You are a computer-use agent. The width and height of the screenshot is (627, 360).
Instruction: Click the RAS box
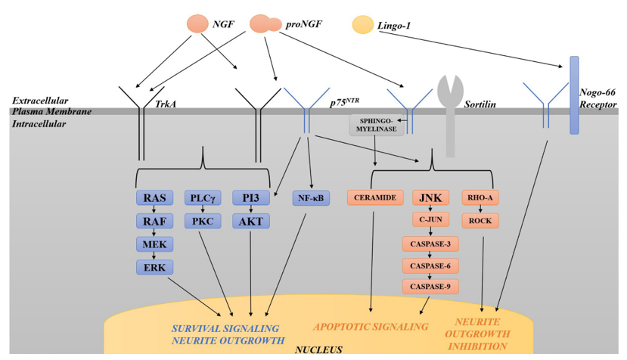[x=154, y=198]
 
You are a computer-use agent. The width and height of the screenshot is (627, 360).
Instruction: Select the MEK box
[x=154, y=244]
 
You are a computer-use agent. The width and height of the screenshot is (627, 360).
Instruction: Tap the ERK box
[x=154, y=267]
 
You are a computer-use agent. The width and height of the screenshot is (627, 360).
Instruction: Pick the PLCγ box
[x=203, y=198]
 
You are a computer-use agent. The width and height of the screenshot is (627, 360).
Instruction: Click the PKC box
[x=203, y=221]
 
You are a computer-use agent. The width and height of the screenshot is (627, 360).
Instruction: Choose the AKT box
[x=250, y=221]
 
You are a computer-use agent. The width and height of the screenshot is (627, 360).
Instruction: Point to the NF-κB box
[x=311, y=198]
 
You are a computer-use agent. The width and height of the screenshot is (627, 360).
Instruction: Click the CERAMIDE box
[x=372, y=198]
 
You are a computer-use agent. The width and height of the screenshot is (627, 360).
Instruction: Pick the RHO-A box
[x=480, y=198]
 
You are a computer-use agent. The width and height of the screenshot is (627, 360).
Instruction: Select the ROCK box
[x=480, y=221]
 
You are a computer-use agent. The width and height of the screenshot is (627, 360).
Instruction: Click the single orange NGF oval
[x=198, y=23]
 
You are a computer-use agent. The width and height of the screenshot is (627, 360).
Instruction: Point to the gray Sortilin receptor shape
[x=451, y=113]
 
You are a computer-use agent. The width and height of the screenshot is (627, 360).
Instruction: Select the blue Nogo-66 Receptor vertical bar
[x=574, y=95]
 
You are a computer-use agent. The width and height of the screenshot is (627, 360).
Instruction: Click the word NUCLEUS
[x=318, y=349]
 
